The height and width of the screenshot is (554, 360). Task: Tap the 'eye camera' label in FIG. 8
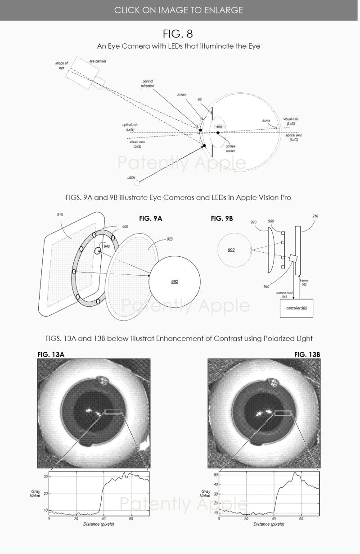coord(97,61)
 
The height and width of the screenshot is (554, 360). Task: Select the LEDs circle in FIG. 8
coord(138,182)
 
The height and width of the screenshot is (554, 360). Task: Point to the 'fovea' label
coord(266,120)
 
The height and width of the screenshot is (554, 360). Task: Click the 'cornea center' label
coord(230,149)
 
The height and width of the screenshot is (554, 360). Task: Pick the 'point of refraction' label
coord(148,83)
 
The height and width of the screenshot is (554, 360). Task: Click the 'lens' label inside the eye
coord(219,127)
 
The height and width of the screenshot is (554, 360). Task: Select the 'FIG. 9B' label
coord(222,218)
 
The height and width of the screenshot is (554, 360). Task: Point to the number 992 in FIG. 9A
coord(175,282)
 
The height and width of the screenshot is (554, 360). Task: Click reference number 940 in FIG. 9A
coord(107,246)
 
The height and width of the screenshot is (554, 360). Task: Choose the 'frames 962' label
coord(304,282)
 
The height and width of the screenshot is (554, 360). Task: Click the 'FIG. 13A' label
coord(51,354)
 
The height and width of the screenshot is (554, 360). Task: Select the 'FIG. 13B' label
coord(307,354)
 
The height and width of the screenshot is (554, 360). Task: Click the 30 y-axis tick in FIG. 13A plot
coord(45,477)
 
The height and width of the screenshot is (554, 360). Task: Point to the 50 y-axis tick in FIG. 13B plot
coord(216,475)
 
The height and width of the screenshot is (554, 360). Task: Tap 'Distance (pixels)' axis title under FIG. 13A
coord(99,524)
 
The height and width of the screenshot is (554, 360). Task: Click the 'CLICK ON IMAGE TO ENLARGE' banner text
coord(179,10)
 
